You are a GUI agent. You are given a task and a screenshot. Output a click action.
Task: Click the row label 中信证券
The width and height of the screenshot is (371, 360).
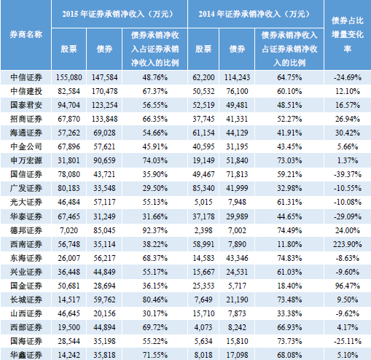coord(26,77)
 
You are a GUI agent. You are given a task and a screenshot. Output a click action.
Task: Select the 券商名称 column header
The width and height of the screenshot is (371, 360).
coord(26,34)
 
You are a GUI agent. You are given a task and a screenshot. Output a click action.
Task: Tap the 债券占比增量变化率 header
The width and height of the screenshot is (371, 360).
coord(348,34)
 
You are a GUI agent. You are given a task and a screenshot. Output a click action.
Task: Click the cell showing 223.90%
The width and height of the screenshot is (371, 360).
coord(348,244)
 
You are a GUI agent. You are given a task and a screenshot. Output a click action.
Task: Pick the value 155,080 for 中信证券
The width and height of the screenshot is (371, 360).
coord(69,77)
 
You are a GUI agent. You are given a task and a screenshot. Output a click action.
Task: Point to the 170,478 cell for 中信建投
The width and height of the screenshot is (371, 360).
coord(104,91)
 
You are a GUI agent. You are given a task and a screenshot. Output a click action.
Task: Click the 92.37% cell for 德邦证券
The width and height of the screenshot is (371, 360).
coord(155,230)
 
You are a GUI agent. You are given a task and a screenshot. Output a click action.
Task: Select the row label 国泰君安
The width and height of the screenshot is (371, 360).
coord(26,105)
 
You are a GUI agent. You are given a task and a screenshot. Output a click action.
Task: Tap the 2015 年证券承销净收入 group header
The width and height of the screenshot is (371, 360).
coord(119,14)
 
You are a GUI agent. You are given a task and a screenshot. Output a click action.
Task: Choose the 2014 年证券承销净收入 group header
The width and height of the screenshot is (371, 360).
coord(255,14)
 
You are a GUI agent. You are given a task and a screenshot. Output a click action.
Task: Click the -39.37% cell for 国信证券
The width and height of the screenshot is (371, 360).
coord(348,174)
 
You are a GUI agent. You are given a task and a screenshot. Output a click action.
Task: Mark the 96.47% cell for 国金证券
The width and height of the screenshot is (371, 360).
coord(348,286)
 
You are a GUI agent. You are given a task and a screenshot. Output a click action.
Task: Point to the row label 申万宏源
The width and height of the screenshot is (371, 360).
coord(26,160)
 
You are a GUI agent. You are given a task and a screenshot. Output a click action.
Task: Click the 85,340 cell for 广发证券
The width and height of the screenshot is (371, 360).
coord(203,188)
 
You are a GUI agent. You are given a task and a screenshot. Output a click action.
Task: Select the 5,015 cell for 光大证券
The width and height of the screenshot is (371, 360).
coord(203,202)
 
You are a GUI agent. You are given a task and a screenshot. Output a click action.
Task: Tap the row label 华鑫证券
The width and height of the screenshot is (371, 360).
coord(26,355)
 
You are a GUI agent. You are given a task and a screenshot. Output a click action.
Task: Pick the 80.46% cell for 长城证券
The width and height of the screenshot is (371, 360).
coord(155,300)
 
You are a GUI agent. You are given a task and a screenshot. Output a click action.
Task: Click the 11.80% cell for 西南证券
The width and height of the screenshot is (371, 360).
coord(289,244)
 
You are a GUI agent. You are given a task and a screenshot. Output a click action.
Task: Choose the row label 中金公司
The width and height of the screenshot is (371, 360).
coord(26,146)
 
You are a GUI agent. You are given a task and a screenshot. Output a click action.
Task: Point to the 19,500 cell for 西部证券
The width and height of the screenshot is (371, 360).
coord(69,327)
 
